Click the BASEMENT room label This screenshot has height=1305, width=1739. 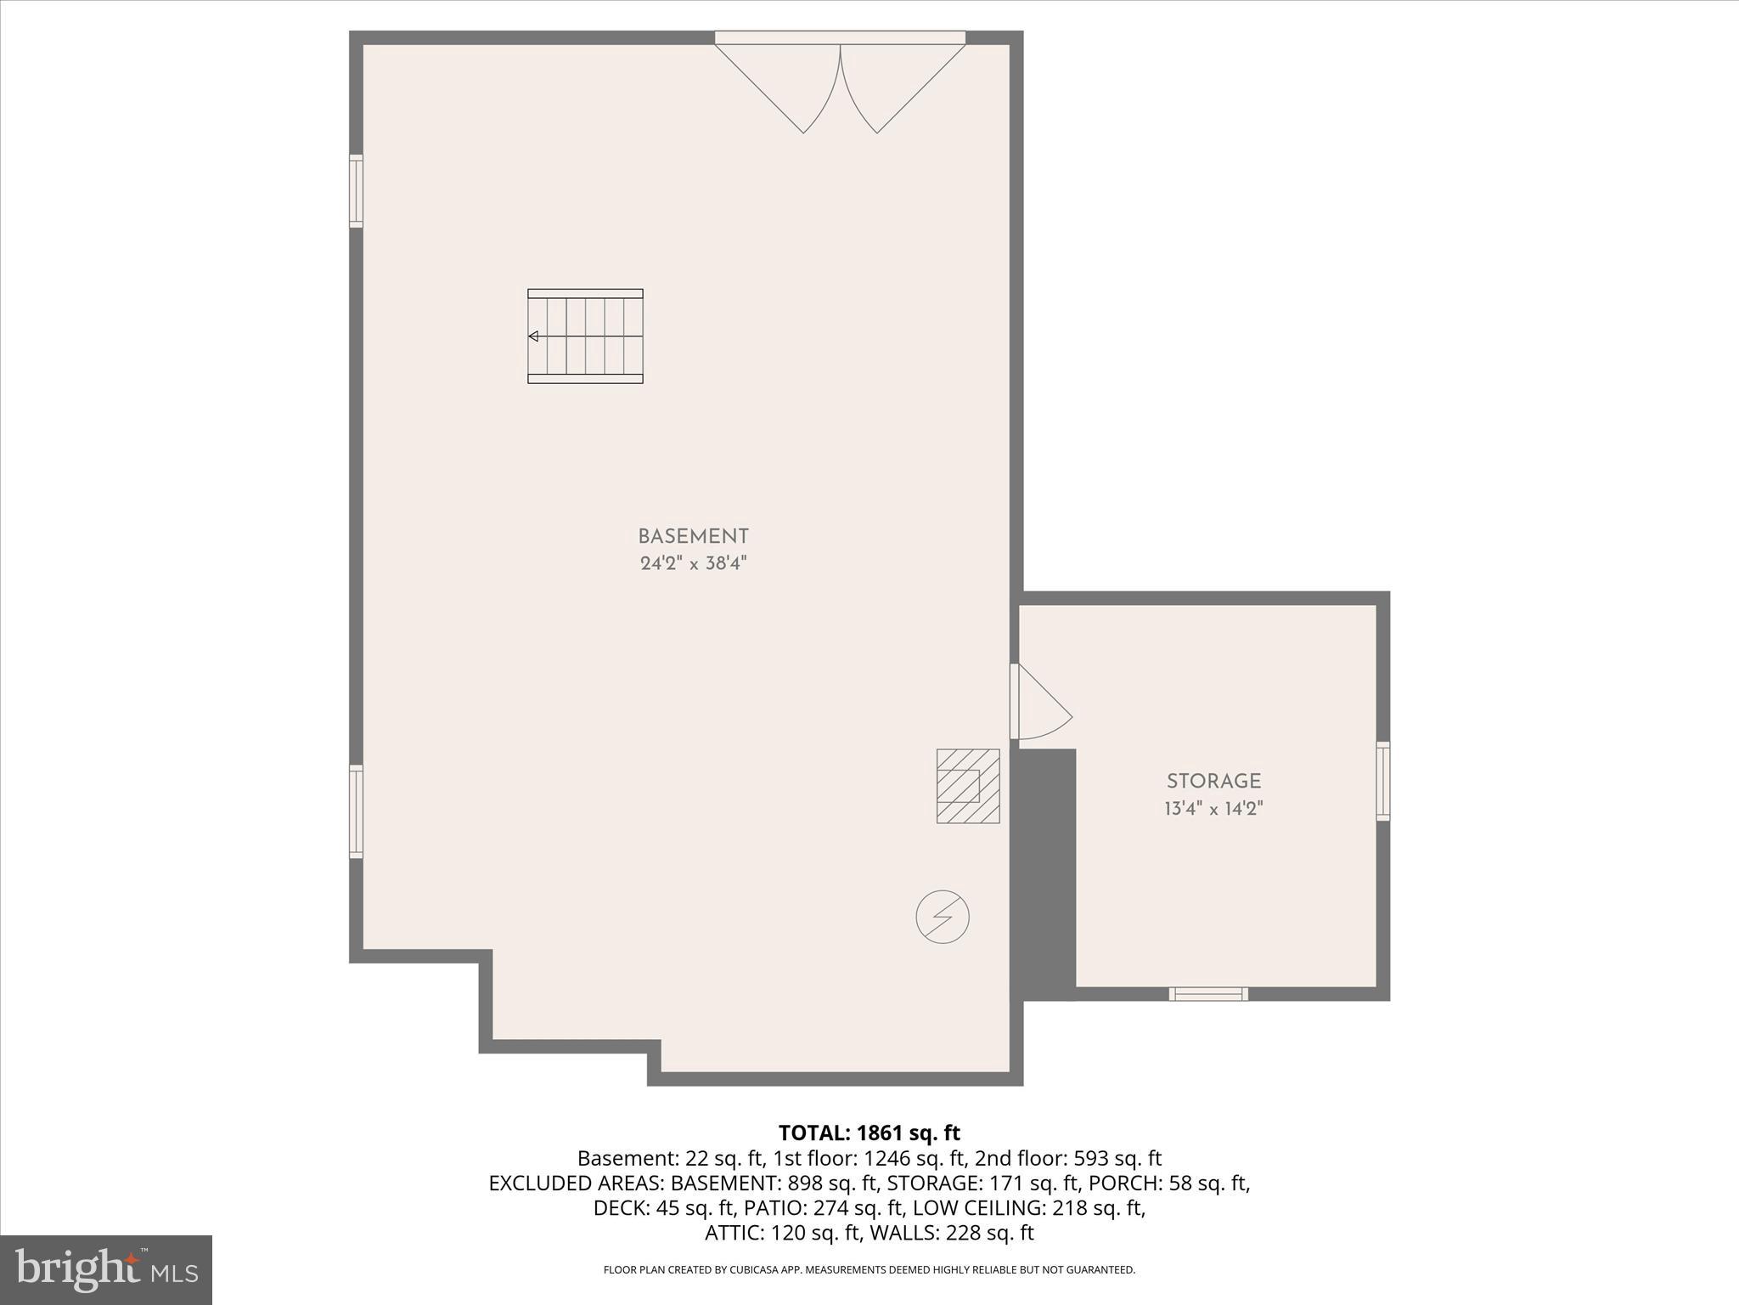(693, 537)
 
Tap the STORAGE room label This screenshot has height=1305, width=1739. (1213, 782)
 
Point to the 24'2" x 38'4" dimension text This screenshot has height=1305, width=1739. (693, 563)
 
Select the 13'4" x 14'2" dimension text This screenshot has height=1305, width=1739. (1213, 808)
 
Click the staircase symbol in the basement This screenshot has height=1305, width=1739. (585, 336)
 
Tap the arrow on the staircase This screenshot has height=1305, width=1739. (533, 336)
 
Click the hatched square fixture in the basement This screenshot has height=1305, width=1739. (968, 786)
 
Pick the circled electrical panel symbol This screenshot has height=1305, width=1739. (943, 917)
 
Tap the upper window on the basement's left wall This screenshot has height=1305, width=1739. (357, 191)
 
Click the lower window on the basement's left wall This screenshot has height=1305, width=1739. (357, 811)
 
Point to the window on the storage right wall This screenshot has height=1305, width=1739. (1383, 781)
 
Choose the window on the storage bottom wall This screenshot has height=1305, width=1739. (1208, 994)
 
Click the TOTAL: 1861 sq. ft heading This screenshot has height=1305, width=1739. (869, 1133)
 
